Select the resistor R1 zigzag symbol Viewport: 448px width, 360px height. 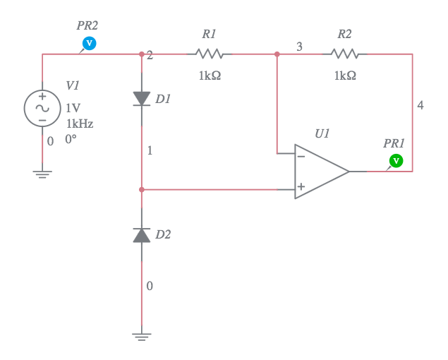209,54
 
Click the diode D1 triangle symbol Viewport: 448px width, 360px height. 142,99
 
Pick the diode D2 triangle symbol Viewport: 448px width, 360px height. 142,235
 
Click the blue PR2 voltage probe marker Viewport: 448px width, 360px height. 89,44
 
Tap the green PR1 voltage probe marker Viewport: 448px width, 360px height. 396,161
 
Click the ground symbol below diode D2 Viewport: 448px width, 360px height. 142,337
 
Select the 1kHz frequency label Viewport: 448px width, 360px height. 80,124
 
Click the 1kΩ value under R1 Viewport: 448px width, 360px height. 210,76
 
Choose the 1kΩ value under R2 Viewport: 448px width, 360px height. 345,76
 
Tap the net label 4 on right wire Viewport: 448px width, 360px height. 420,105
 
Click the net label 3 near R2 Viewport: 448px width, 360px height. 299,47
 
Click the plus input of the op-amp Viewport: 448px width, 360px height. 301,188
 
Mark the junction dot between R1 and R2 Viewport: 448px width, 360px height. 277,54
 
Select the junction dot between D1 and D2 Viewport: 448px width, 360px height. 142,189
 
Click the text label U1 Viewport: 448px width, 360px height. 322,133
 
